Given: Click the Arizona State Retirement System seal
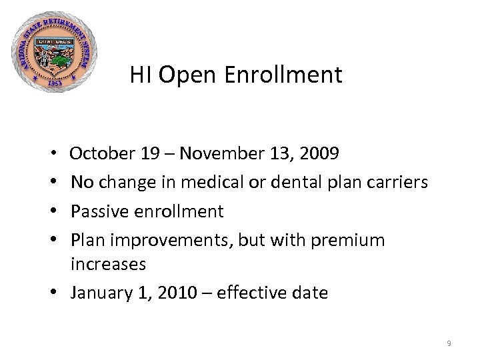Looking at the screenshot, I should tap(55, 52).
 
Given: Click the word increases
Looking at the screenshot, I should tap(108, 264).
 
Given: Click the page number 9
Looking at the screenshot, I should tap(449, 343).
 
